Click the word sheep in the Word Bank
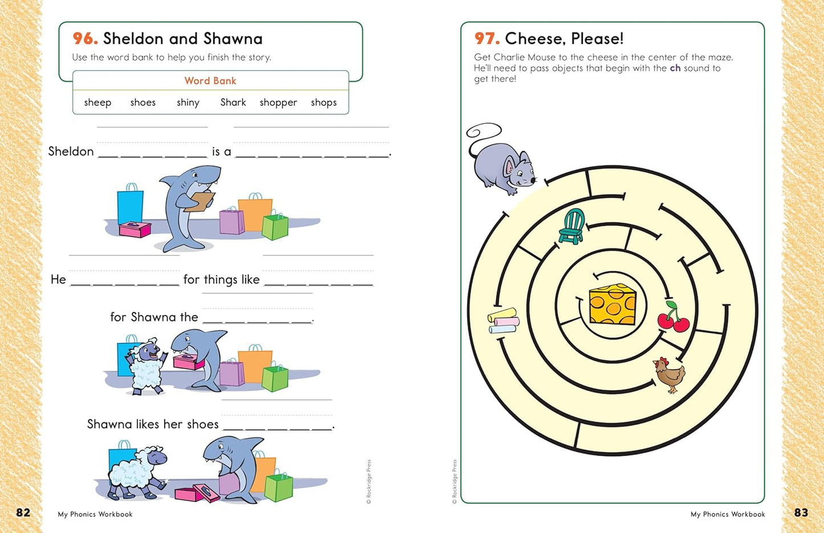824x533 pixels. (x=98, y=103)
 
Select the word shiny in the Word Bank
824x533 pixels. (x=188, y=103)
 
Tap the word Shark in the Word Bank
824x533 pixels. (x=233, y=103)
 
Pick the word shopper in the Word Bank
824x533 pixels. (x=278, y=103)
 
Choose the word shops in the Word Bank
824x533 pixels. (x=324, y=103)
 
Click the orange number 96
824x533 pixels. (x=85, y=39)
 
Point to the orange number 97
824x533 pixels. (x=487, y=39)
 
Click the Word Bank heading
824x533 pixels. (x=210, y=81)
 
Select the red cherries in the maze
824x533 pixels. (x=673, y=318)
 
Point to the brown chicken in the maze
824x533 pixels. (x=669, y=375)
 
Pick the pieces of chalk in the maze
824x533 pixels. (x=502, y=321)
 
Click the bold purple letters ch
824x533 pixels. (x=675, y=68)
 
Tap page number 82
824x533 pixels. (x=23, y=512)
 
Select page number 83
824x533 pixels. (x=801, y=512)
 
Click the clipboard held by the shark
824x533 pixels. (x=200, y=201)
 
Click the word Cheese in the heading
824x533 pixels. (x=535, y=39)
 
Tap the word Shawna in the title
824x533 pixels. (x=233, y=39)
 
